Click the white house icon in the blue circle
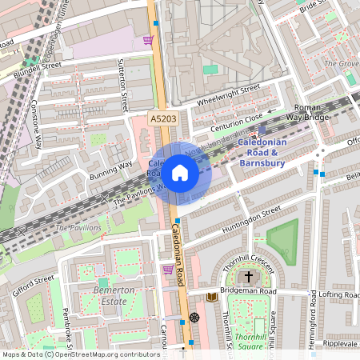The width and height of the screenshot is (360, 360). (x=180, y=172)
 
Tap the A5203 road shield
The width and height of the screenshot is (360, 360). (x=162, y=118)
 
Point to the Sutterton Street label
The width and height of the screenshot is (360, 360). (x=123, y=85)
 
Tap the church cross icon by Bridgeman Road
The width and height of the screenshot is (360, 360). (x=249, y=278)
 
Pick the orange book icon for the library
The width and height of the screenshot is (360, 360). (x=211, y=297)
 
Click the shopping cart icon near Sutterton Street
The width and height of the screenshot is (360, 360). (x=147, y=39)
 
